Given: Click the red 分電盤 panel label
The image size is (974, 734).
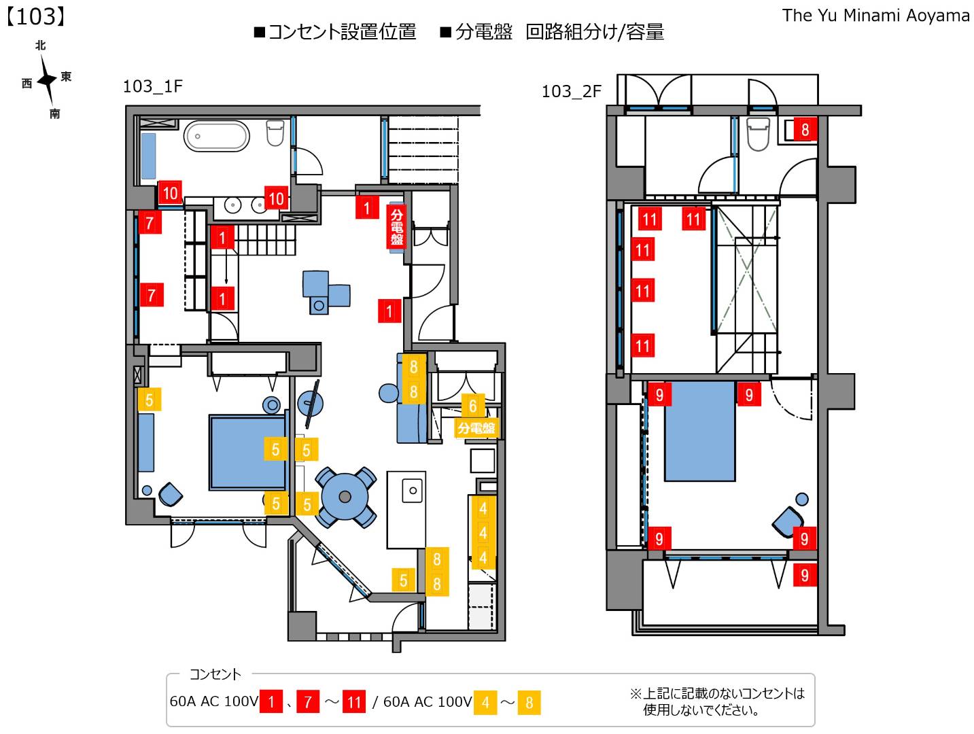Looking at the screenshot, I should [x=396, y=226].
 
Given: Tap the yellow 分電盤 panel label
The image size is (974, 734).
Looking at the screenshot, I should [x=476, y=428].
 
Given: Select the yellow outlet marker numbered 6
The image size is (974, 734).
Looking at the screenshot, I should [x=473, y=406].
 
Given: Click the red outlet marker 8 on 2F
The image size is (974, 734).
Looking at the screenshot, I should [x=805, y=129].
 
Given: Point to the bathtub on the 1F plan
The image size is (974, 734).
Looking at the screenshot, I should [x=217, y=136].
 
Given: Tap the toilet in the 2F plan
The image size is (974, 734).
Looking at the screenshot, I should [x=758, y=134].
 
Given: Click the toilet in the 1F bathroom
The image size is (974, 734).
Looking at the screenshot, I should [x=275, y=133].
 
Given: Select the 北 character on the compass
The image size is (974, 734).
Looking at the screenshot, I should [x=41, y=46].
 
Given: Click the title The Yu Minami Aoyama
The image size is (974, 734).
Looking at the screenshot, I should [x=875, y=15].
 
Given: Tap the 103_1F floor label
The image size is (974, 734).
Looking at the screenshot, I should [x=153, y=86].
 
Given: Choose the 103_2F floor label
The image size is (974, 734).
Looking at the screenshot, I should [x=572, y=91].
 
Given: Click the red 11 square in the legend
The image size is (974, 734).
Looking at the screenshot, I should [x=354, y=702].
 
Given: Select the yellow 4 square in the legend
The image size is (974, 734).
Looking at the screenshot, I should [x=485, y=702].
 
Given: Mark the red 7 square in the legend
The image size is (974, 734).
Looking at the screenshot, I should [x=308, y=702].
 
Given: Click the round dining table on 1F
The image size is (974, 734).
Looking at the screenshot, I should [x=345, y=497].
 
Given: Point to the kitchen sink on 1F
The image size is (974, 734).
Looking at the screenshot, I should [x=412, y=490].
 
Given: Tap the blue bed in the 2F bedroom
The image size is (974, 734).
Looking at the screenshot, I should [x=699, y=431].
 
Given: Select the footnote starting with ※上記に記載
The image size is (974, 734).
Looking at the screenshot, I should [x=717, y=701].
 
